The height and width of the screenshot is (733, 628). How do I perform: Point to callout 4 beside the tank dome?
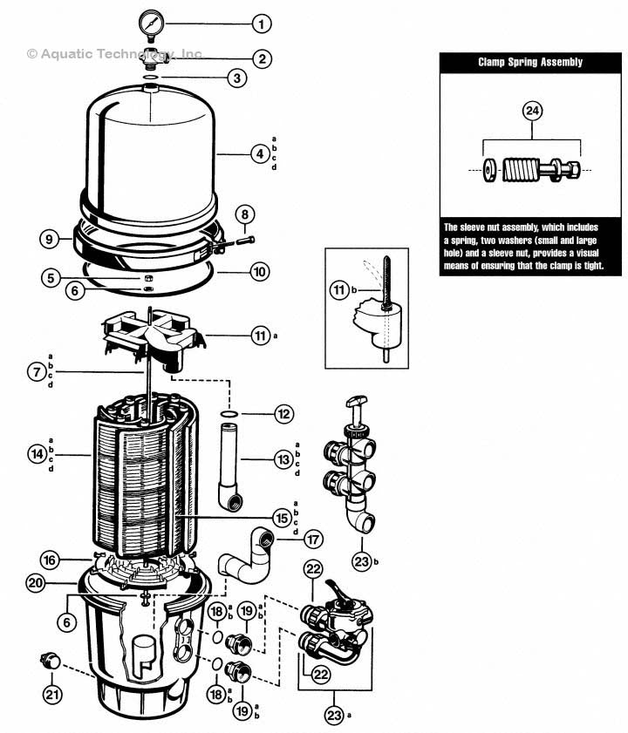click(259, 154)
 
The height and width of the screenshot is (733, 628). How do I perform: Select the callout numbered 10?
click(259, 272)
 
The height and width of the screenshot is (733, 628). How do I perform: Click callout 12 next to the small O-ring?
click(282, 414)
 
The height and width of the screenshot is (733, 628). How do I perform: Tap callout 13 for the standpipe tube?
click(282, 456)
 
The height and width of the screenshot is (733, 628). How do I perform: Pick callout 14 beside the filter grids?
click(36, 455)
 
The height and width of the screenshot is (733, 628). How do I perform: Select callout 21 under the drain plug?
click(52, 694)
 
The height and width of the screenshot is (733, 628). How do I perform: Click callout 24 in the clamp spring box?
click(531, 111)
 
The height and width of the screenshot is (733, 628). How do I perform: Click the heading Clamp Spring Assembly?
click(530, 63)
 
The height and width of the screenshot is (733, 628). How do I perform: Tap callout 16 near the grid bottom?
click(52, 559)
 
